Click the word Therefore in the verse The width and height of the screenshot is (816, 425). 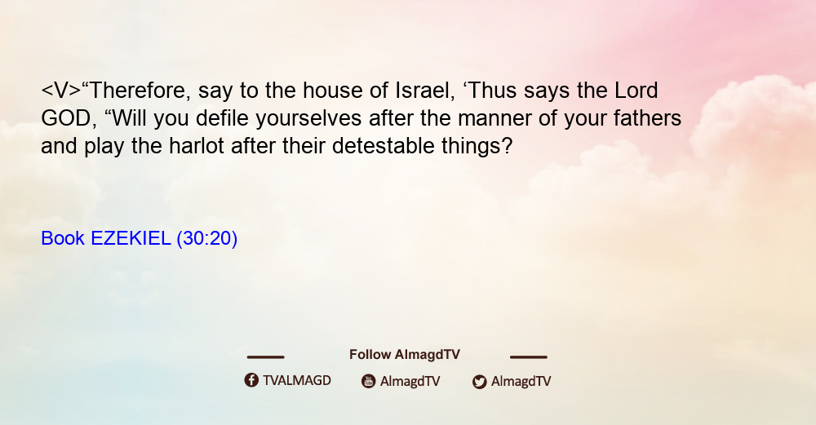[x=138, y=91]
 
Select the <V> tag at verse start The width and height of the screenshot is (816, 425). [x=61, y=91]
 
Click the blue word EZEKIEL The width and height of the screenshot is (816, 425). [x=131, y=238]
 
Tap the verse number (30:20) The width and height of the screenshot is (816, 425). [x=207, y=238]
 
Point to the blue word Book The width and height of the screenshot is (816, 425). [x=63, y=238]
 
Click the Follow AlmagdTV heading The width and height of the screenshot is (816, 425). [x=405, y=354]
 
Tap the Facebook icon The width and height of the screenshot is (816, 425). [x=251, y=380]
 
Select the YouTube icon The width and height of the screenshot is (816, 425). [x=369, y=381]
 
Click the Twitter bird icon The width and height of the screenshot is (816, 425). [x=480, y=382]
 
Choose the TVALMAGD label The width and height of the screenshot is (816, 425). [x=297, y=380]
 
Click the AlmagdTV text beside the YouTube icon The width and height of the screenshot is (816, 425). [x=410, y=381]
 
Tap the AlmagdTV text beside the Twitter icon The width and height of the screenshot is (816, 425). [x=521, y=381]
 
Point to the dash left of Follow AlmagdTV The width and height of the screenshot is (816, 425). [x=265, y=356]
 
